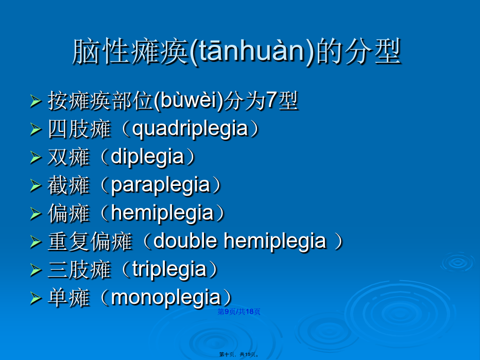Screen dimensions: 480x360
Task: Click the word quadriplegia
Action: [x=190, y=129]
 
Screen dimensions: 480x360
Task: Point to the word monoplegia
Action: [x=166, y=298]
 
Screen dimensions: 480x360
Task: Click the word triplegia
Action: [x=169, y=270]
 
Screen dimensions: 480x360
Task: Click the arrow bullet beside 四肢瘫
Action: [x=36, y=129]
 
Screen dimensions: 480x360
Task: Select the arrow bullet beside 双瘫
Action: [x=36, y=158]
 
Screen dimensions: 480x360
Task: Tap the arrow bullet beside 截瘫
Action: [x=36, y=186]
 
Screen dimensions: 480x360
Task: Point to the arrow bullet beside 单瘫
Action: [x=36, y=298]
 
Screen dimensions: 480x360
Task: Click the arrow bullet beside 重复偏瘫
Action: [x=36, y=242]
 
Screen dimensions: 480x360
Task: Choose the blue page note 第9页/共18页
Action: [x=239, y=312]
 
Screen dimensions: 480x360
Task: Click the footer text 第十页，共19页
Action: [x=239, y=354]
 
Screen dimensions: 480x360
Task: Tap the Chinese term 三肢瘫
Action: [x=79, y=270]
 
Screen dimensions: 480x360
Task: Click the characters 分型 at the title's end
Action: [x=372, y=52]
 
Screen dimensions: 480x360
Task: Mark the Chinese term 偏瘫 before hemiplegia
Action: [x=68, y=213]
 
